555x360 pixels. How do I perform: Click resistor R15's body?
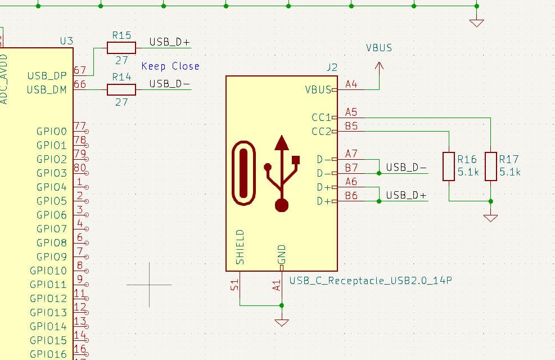tap(121, 47)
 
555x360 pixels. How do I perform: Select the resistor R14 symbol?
tap(121, 89)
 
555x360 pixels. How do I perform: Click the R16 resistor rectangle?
tap(448, 166)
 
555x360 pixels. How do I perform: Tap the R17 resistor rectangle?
tap(491, 166)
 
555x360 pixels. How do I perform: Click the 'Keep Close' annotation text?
tap(170, 66)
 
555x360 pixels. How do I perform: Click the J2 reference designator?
tap(332, 67)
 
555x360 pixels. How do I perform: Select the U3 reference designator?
tap(66, 41)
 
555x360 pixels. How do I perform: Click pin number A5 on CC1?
tap(351, 111)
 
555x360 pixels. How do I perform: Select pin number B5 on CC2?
tap(351, 125)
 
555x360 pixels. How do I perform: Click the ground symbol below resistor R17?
tap(491, 218)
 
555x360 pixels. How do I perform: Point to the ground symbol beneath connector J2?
tap(282, 323)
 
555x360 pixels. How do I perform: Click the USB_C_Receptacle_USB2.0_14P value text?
tap(371, 280)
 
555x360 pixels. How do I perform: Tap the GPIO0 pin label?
tap(52, 132)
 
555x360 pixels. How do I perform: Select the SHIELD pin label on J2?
tap(240, 247)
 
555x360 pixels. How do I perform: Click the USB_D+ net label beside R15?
tap(170, 42)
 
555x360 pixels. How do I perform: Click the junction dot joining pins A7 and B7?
tap(379, 173)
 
